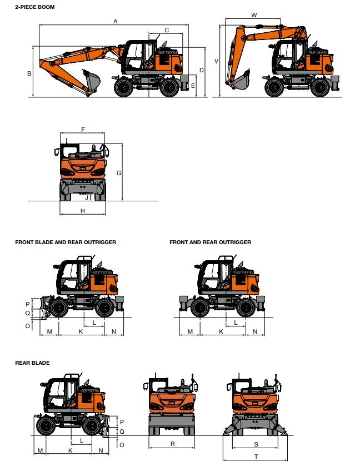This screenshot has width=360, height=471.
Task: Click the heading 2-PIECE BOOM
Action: (x=35, y=7)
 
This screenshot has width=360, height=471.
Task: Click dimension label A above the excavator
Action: (x=115, y=21)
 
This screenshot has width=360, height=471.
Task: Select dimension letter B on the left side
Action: (x=29, y=73)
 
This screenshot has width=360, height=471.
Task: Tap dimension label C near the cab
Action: (x=167, y=30)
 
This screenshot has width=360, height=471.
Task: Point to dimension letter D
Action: (x=201, y=70)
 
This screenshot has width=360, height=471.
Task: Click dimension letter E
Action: (x=193, y=86)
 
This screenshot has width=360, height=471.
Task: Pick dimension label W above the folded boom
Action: (x=254, y=15)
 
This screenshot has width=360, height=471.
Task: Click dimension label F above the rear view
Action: (x=83, y=130)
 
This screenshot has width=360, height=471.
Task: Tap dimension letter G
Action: (x=118, y=173)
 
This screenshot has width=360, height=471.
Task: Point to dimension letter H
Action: (x=83, y=211)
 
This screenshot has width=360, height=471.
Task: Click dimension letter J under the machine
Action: (x=86, y=197)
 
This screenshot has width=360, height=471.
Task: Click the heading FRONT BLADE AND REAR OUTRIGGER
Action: (x=66, y=242)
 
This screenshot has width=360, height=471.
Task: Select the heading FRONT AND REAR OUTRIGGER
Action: (x=210, y=242)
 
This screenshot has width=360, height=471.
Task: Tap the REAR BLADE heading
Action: (x=32, y=363)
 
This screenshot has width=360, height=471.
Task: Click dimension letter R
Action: (x=173, y=444)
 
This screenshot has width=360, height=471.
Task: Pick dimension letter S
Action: (x=256, y=444)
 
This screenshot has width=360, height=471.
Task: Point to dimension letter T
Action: (x=256, y=457)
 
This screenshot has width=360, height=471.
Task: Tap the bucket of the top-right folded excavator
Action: (x=241, y=82)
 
